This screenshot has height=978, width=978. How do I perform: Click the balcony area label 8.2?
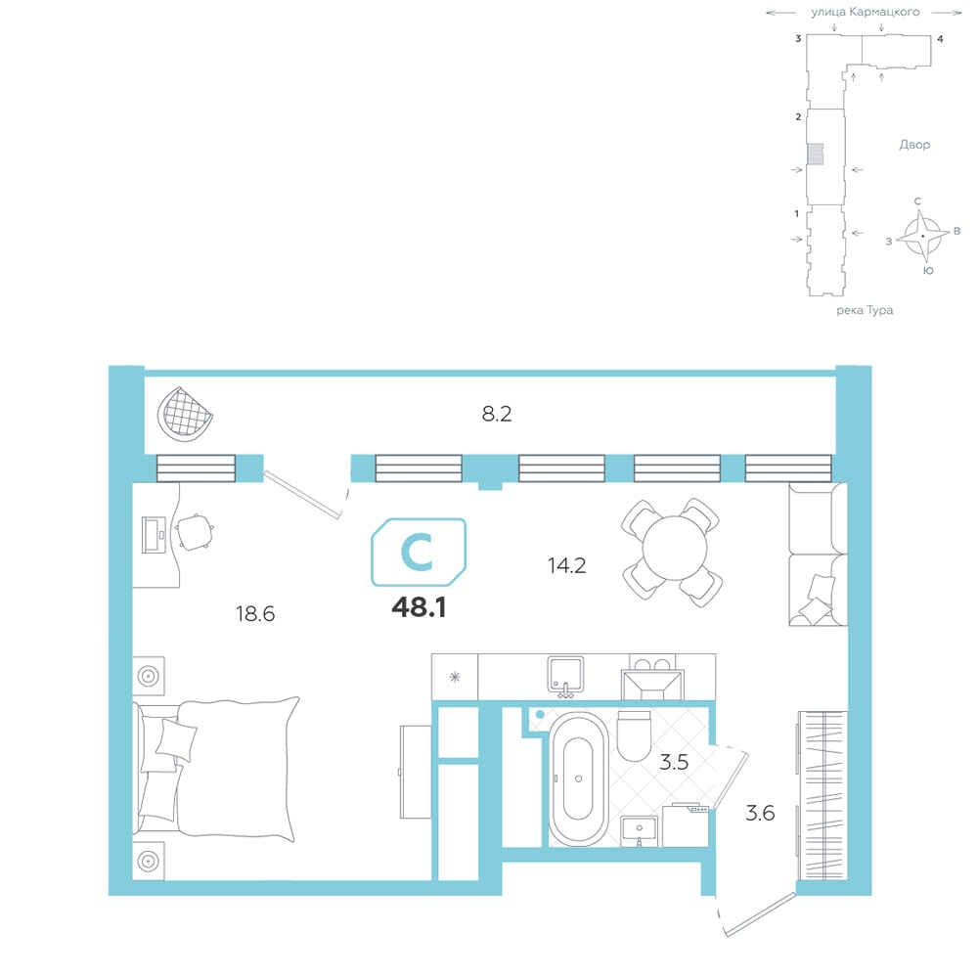pyautogui.click(x=497, y=414)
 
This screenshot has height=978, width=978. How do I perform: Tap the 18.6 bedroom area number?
pyautogui.click(x=255, y=614)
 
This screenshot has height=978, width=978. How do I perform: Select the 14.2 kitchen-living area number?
pyautogui.click(x=566, y=565)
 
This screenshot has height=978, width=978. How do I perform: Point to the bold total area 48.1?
pyautogui.click(x=419, y=607)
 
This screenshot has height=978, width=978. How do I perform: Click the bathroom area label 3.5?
pyautogui.click(x=674, y=762)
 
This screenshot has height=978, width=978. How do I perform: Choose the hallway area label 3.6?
pyautogui.click(x=760, y=813)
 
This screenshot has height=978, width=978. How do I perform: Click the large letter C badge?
pyautogui.click(x=419, y=552)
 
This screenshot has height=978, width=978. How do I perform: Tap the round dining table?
pyautogui.click(x=674, y=549)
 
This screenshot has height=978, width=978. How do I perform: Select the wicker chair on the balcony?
pyautogui.click(x=185, y=414)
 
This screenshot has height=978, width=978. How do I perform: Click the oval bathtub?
pyautogui.click(x=578, y=779)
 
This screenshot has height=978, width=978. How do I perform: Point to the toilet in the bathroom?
pyautogui.click(x=634, y=736)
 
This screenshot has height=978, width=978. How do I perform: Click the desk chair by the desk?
pyautogui.click(x=195, y=533)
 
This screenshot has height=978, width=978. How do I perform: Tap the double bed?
pyautogui.click(x=216, y=769)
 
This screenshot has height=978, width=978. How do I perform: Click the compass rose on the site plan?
pyautogui.click(x=922, y=236)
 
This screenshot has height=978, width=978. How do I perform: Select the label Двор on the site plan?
pyautogui.click(x=914, y=145)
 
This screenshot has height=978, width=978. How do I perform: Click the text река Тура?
pyautogui.click(x=865, y=310)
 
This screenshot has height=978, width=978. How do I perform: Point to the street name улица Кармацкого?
pyautogui.click(x=866, y=12)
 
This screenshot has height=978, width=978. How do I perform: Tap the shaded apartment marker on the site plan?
pyautogui.click(x=816, y=155)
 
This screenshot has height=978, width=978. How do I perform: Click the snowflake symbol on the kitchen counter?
pyautogui.click(x=455, y=677)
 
